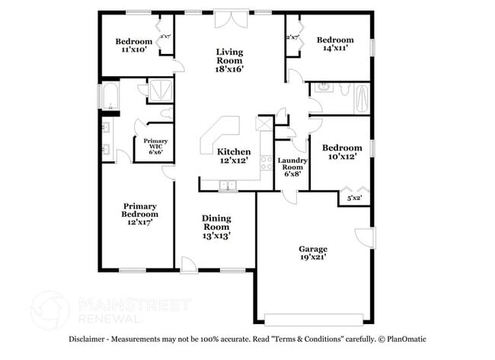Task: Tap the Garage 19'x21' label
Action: click(312, 253)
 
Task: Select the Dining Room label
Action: click(216, 227)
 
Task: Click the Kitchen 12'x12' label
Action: click(234, 156)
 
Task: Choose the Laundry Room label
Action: click(292, 167)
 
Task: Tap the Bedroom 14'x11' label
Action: click(335, 44)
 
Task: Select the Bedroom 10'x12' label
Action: click(340, 152)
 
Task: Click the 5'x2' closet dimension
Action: click(354, 199)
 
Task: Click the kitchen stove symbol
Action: click(266, 162)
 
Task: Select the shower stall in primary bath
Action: click(159, 91)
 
